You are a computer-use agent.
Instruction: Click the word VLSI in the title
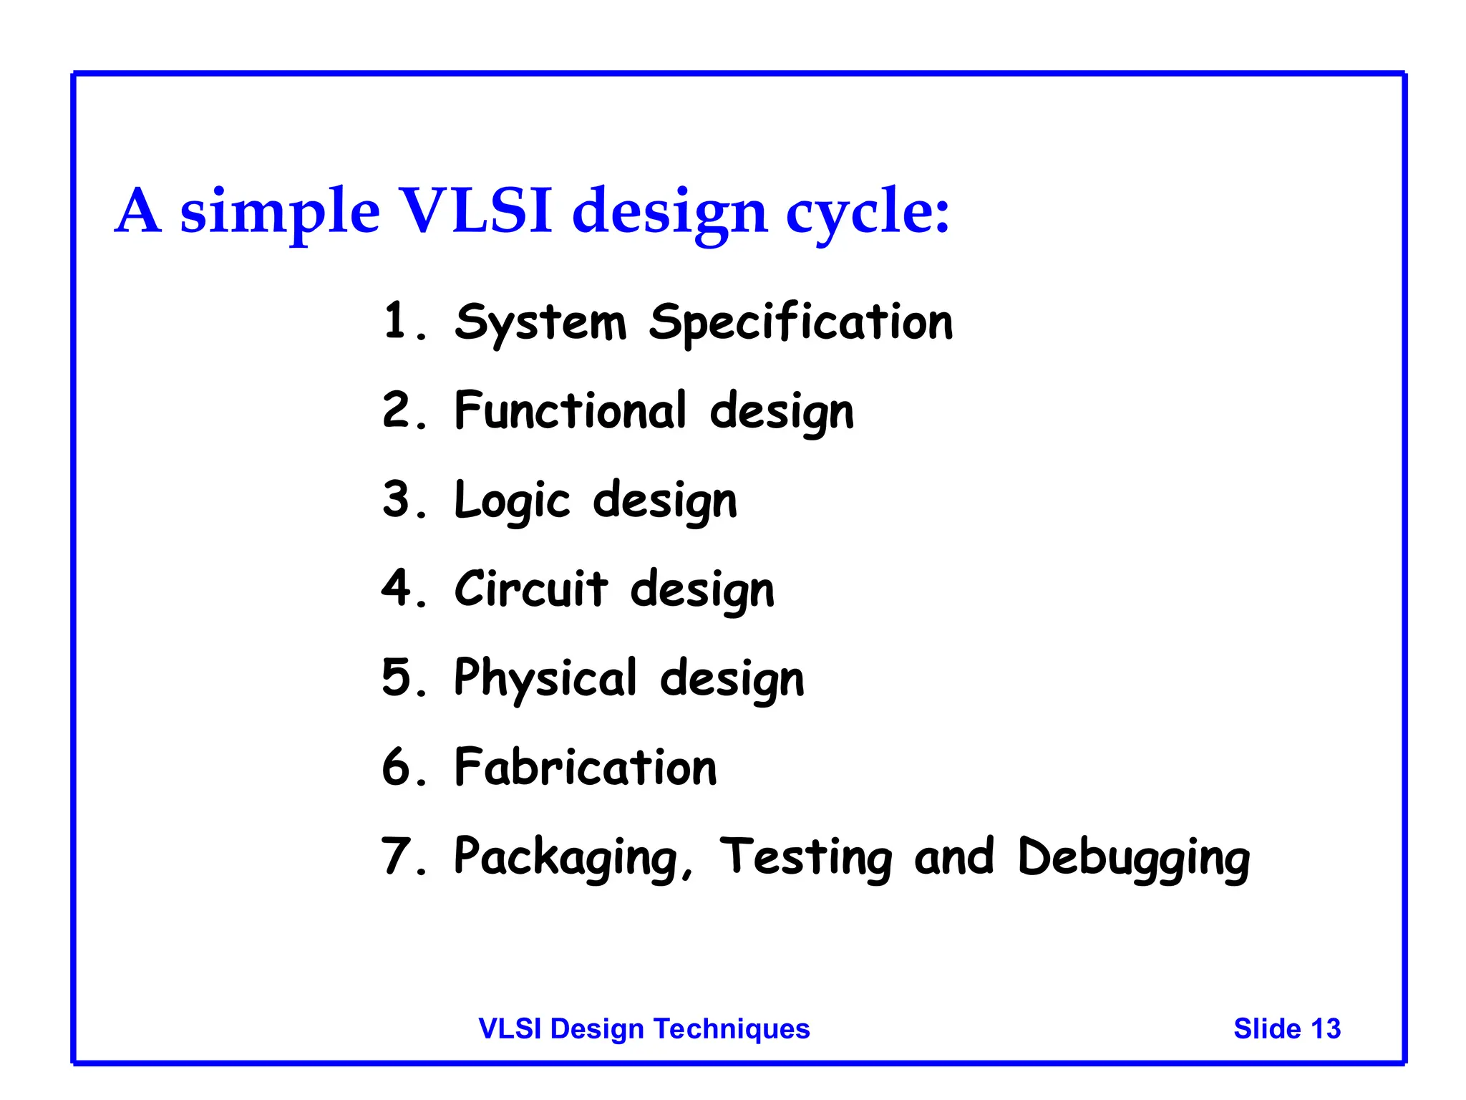(x=476, y=211)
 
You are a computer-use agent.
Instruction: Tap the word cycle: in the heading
(x=868, y=212)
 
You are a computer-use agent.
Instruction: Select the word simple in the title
(x=279, y=212)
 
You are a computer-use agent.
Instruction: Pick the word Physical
(x=545, y=678)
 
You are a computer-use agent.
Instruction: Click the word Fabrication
(x=586, y=767)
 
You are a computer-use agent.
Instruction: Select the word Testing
(x=805, y=857)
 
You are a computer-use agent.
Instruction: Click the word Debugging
(x=1134, y=857)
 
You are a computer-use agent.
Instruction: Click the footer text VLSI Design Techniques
(x=644, y=1028)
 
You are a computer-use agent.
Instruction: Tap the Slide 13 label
(x=1286, y=1028)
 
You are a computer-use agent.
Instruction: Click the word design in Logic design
(x=665, y=501)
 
